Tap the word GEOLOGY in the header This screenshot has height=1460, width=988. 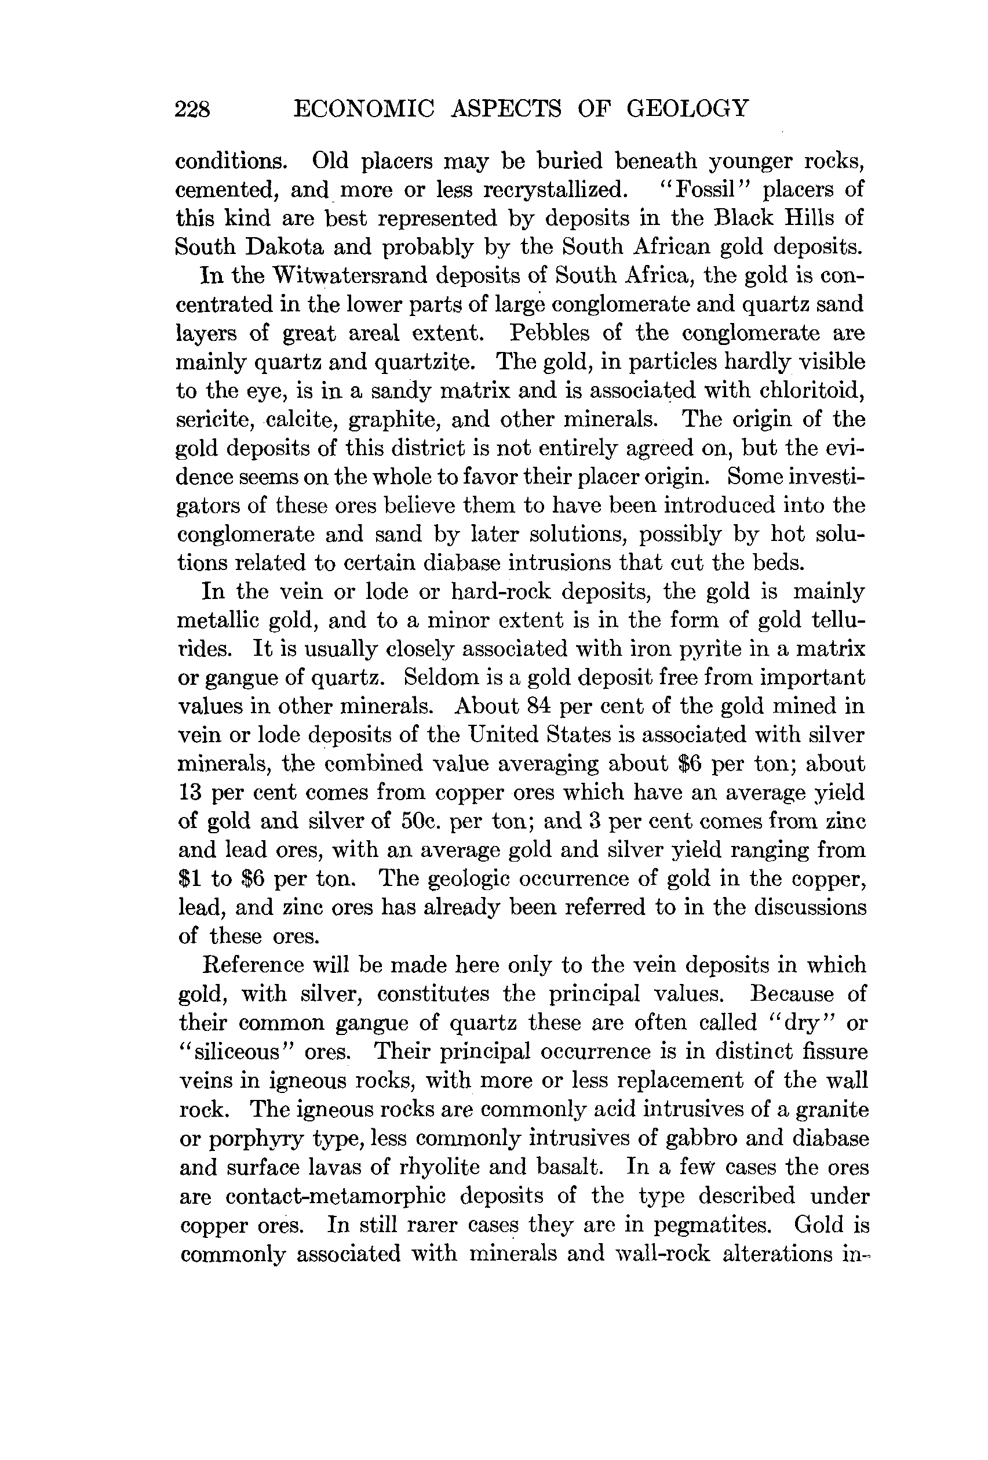pyautogui.click(x=687, y=108)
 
